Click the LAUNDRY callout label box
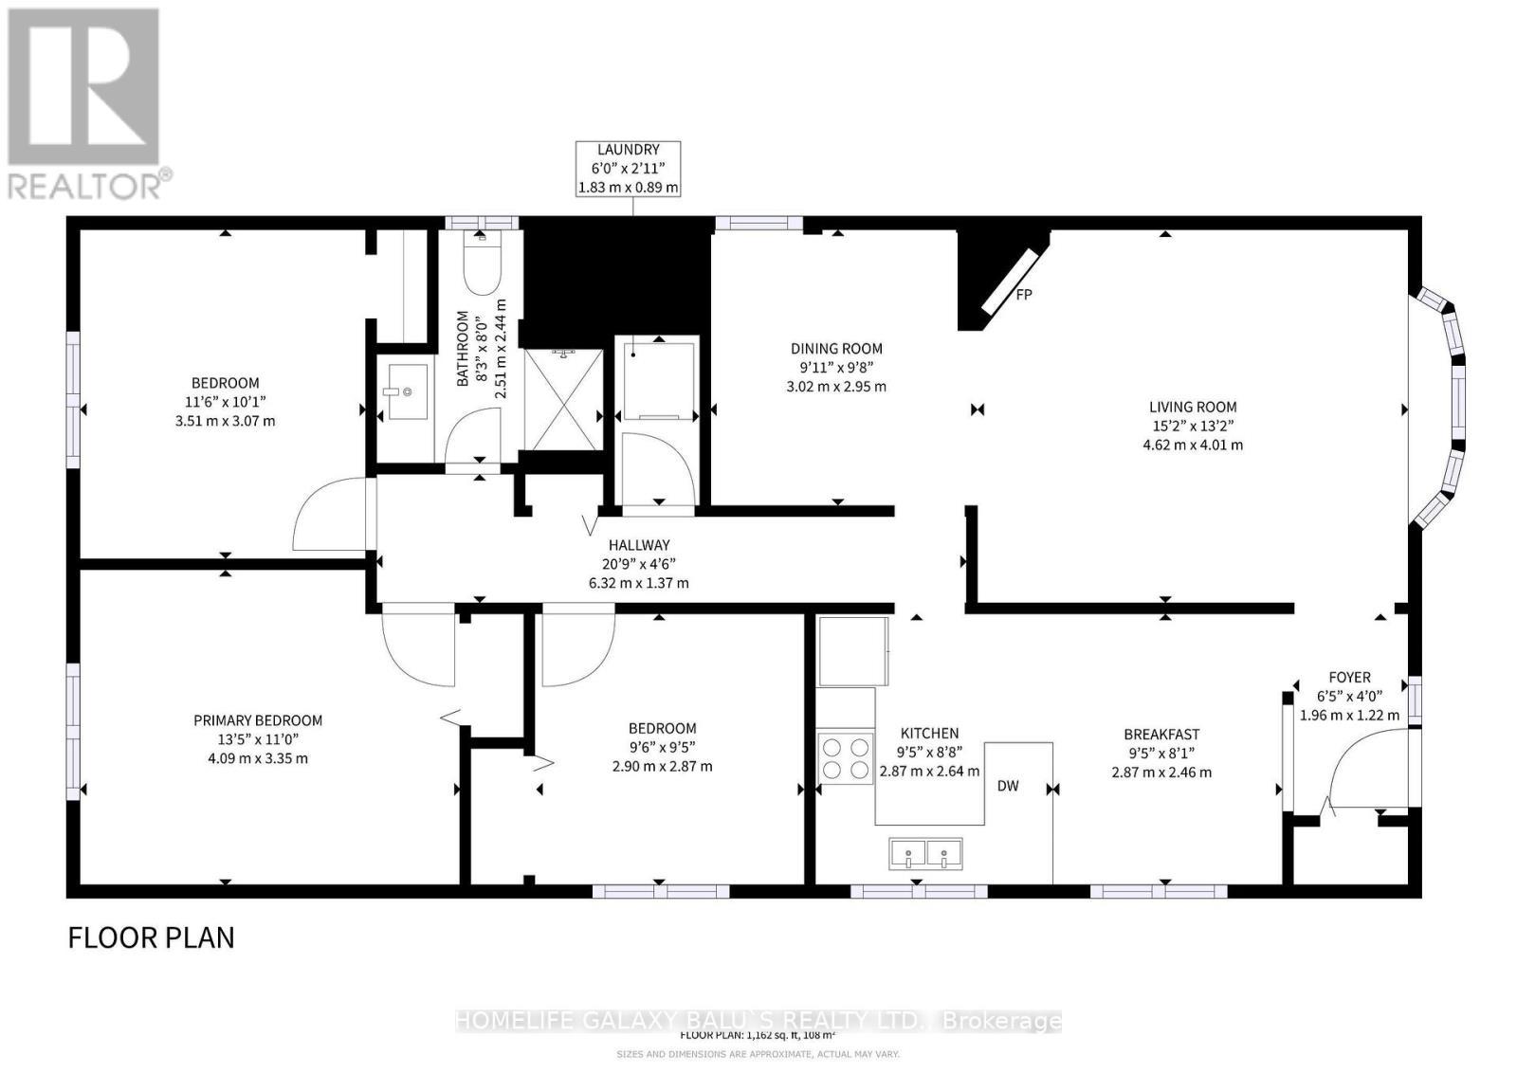pyautogui.click(x=628, y=169)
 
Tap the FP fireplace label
pyautogui.click(x=1024, y=295)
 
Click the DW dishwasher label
pyautogui.click(x=1008, y=786)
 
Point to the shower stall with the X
pyautogui.click(x=563, y=400)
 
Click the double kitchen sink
pyautogui.click(x=925, y=853)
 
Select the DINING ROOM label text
pyautogui.click(x=836, y=349)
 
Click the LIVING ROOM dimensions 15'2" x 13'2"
pyautogui.click(x=1192, y=426)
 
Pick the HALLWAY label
pyautogui.click(x=638, y=545)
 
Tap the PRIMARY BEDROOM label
pyautogui.click(x=258, y=720)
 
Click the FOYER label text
pyautogui.click(x=1348, y=678)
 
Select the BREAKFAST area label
pyautogui.click(x=1161, y=735)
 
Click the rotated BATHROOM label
pyautogui.click(x=464, y=349)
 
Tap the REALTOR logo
pyautogui.click(x=87, y=104)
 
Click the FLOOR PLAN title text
pyautogui.click(x=151, y=937)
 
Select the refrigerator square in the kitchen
pyautogui.click(x=852, y=651)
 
